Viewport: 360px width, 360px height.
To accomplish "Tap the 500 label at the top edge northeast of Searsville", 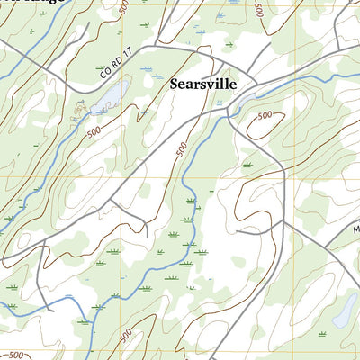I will [258, 10].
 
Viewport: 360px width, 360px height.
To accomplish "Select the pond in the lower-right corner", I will [344, 310].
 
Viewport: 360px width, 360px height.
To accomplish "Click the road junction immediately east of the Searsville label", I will [256, 88].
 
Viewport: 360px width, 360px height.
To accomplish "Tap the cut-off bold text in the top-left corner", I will [18, 4].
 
